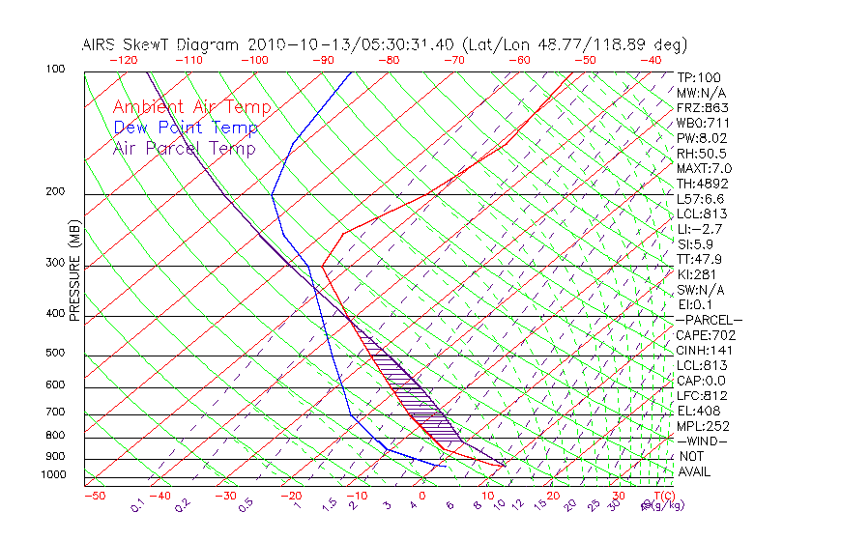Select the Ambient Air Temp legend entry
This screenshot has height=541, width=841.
[192, 107]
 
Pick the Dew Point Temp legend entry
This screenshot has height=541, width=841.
[186, 128]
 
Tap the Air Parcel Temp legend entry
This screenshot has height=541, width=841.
[185, 148]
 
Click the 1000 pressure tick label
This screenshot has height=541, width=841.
[54, 475]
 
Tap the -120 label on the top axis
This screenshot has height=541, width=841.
[123, 60]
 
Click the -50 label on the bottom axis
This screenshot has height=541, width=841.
[94, 496]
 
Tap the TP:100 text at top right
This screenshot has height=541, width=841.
[699, 78]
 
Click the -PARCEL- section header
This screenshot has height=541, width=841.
[710, 320]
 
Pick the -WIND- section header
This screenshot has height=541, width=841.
[703, 441]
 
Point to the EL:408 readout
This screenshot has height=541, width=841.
[698, 411]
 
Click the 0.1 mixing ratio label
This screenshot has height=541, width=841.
[137, 504]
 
